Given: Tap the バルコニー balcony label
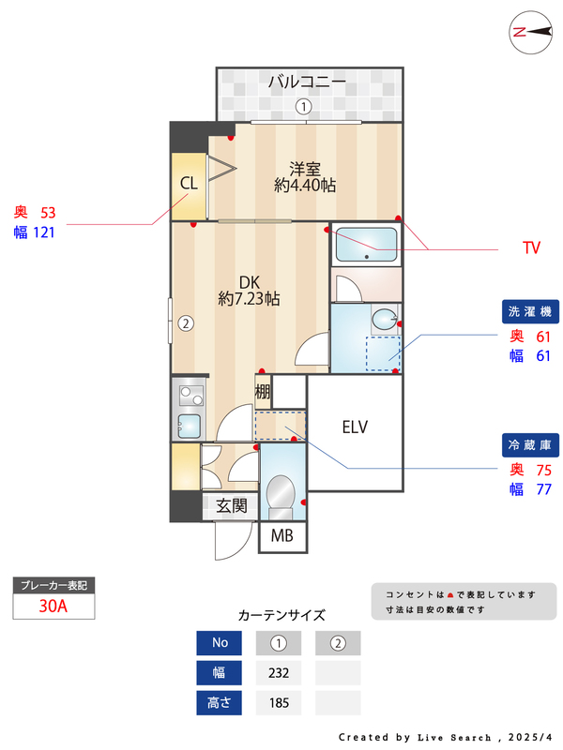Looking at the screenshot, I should click(307, 82).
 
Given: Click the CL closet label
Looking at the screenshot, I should click(189, 183).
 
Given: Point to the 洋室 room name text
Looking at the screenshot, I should click(305, 169).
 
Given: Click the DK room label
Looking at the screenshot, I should click(249, 281).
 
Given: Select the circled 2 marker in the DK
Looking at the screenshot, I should click(186, 324).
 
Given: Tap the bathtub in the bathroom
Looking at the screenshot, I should click(366, 245).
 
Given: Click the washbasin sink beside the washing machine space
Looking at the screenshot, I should click(384, 321).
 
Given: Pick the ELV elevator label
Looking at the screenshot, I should click(355, 427).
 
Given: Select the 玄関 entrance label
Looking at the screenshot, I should click(232, 506).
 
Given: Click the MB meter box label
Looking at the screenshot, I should click(281, 537).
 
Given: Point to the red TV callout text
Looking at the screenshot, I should click(531, 248).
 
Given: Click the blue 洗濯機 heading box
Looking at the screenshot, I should click(531, 311).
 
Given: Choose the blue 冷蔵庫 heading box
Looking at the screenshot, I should click(531, 444).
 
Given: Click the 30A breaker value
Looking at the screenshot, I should click(53, 606).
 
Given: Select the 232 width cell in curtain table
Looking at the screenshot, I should click(279, 672).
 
